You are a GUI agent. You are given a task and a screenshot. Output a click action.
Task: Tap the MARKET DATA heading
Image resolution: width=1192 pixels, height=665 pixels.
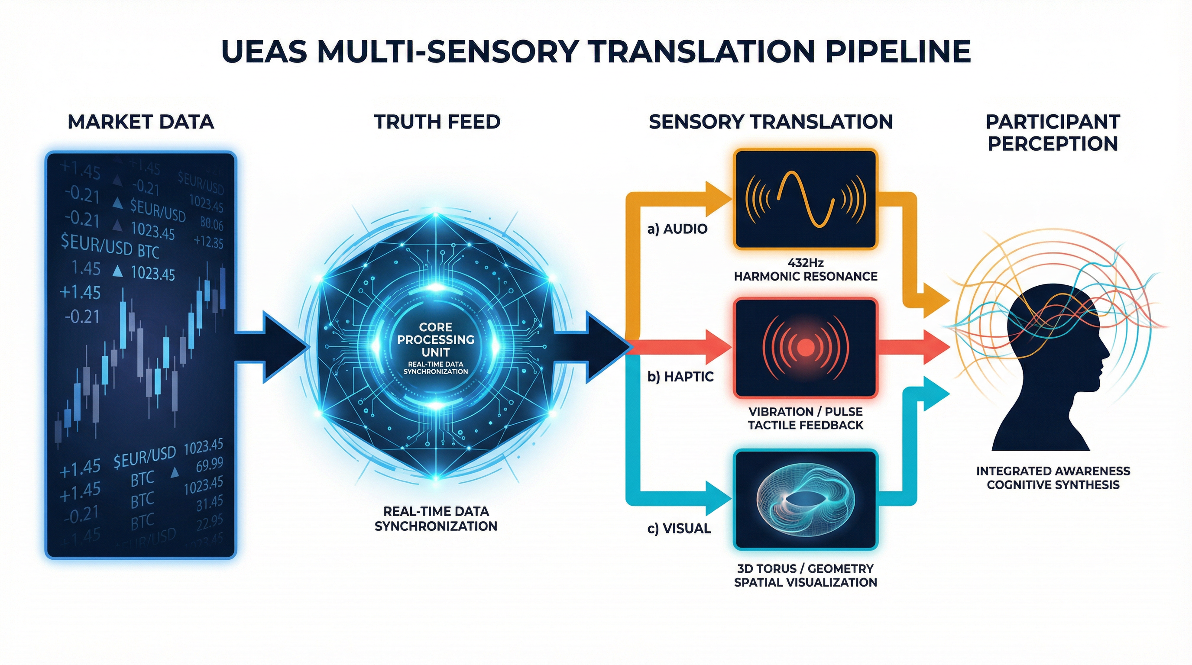(x=141, y=122)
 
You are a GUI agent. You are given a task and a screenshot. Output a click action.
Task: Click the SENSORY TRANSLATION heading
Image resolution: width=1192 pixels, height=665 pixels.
(x=771, y=122)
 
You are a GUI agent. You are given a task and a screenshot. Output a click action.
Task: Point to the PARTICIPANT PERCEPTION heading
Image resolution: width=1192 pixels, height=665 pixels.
(x=1053, y=133)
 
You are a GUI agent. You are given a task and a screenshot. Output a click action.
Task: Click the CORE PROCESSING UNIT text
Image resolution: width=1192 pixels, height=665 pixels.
(x=435, y=339)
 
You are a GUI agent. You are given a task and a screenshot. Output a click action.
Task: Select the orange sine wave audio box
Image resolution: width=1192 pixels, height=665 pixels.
(x=806, y=199)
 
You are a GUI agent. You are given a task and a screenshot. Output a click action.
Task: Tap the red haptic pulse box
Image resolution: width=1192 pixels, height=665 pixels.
(x=806, y=348)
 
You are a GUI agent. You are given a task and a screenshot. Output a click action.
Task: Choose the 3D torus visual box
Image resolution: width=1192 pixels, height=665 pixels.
(x=806, y=500)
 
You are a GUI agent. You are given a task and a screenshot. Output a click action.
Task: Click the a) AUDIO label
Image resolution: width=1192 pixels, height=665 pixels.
(x=677, y=229)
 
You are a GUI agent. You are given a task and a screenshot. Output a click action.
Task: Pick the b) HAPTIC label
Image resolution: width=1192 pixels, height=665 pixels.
(x=680, y=376)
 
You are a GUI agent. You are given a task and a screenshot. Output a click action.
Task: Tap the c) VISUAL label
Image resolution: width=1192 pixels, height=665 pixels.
(x=679, y=528)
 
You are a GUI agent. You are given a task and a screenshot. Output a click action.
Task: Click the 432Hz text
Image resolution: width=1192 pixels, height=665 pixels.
(x=806, y=263)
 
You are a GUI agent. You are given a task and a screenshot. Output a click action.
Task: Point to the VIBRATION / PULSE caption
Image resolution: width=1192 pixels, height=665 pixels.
(x=806, y=412)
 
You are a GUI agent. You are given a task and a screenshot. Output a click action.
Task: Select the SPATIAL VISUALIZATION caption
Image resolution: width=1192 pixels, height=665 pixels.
(x=806, y=582)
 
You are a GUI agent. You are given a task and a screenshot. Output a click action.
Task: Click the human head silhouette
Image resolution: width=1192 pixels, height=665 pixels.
(x=1050, y=370)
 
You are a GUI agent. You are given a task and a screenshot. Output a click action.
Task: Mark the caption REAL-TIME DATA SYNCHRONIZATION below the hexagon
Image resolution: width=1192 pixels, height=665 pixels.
(x=435, y=518)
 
